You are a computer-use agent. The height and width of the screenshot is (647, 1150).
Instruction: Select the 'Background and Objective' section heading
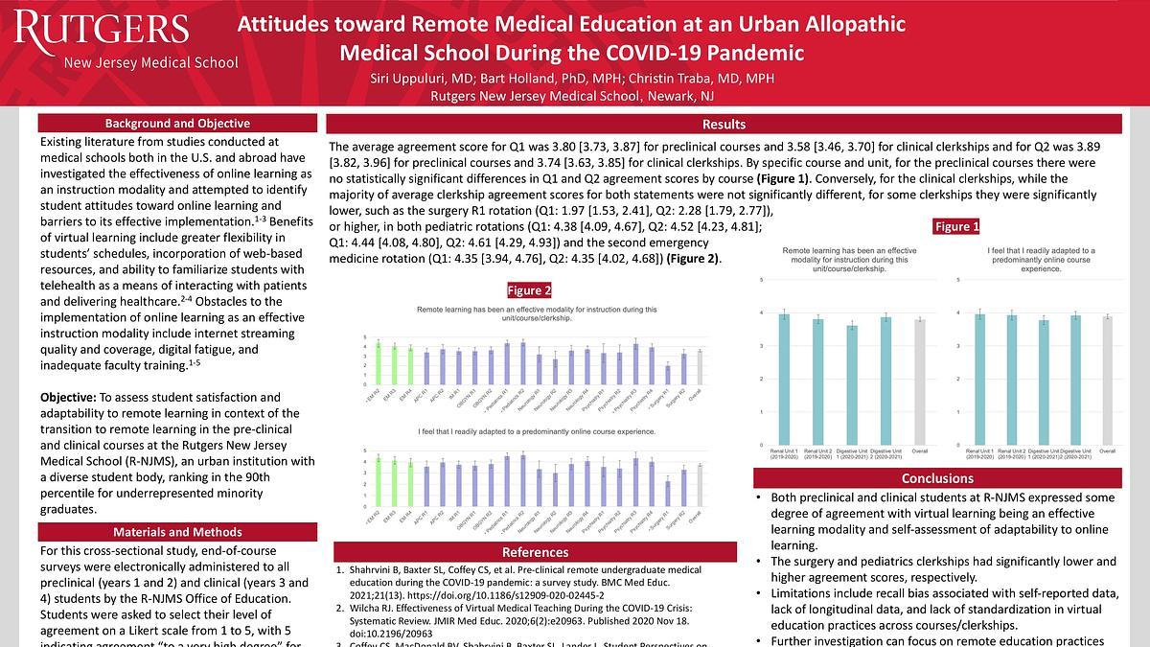point(177,124)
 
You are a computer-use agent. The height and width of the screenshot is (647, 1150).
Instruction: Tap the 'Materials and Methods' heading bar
point(177,532)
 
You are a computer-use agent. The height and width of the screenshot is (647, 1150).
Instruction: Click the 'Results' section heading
point(724,125)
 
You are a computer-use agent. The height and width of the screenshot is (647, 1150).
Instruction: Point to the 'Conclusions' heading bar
point(937,478)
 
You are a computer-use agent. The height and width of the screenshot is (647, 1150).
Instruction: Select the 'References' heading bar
point(535,551)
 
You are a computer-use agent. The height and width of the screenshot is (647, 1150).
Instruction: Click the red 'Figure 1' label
point(957,227)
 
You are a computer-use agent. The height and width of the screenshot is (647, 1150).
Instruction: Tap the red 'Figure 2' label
point(529,290)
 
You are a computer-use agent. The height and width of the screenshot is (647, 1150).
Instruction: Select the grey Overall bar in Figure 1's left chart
point(920,382)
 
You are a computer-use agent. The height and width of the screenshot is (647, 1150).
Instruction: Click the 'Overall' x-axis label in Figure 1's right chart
point(1107,451)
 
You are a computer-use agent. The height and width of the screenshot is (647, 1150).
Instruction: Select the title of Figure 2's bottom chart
point(536,432)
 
